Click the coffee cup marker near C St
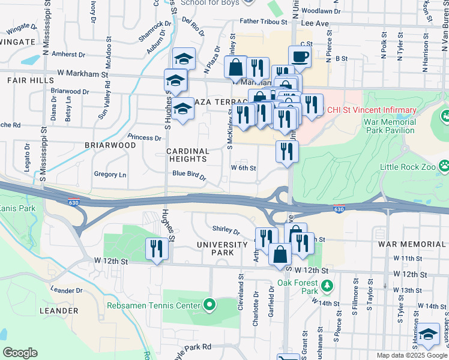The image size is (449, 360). click(x=300, y=57)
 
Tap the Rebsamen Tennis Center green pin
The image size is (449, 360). click(x=209, y=306)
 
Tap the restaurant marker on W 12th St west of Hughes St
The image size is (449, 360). click(x=157, y=249)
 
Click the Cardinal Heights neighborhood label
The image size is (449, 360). click(x=187, y=155)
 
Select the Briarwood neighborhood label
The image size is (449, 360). click(x=110, y=145)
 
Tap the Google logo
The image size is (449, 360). click(x=20, y=353)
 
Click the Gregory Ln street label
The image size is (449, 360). click(x=110, y=175)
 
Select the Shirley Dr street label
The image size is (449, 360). click(x=226, y=229)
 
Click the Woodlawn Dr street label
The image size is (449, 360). click(x=319, y=11)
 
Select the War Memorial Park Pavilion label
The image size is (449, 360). click(x=390, y=125)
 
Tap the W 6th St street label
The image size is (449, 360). click(x=244, y=168)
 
